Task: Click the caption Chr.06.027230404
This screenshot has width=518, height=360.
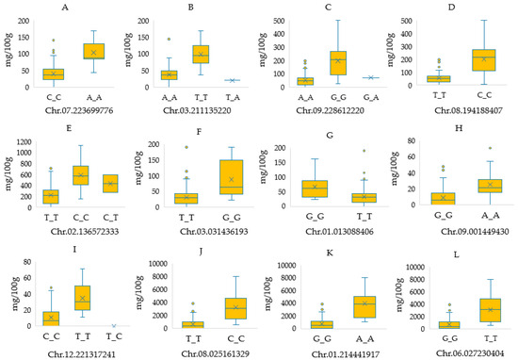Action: point(450,350)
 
